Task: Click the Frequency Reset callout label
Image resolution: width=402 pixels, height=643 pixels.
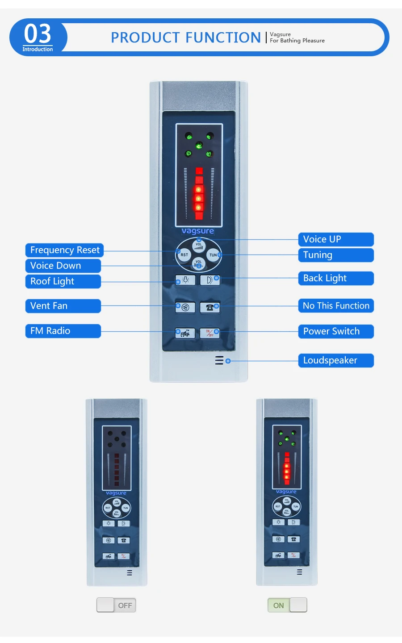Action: click(64, 250)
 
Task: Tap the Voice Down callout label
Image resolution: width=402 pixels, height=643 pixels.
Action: click(63, 266)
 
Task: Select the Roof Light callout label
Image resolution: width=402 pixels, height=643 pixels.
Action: click(63, 281)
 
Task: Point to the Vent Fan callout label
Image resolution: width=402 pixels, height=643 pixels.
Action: click(63, 306)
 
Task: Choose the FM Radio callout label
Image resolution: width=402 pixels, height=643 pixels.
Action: click(63, 331)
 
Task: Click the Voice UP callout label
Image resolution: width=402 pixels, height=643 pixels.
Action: click(336, 239)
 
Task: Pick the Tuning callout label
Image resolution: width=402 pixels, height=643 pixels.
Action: click(336, 255)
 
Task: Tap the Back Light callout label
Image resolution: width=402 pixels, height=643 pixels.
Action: click(336, 278)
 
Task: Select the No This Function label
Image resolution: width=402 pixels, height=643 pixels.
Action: click(336, 306)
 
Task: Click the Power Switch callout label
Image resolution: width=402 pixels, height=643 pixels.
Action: click(336, 331)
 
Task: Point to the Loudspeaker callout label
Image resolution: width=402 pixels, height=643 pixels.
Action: click(336, 360)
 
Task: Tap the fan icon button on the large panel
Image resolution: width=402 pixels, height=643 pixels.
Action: click(185, 307)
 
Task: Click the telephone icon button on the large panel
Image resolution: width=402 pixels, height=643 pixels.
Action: click(209, 307)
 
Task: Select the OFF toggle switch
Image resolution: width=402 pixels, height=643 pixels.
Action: click(116, 605)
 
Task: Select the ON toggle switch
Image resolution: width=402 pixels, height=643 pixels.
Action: click(287, 605)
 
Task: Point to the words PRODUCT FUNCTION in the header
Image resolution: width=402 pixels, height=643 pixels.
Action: click(186, 38)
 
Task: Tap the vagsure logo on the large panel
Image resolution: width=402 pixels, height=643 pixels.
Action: click(198, 231)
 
